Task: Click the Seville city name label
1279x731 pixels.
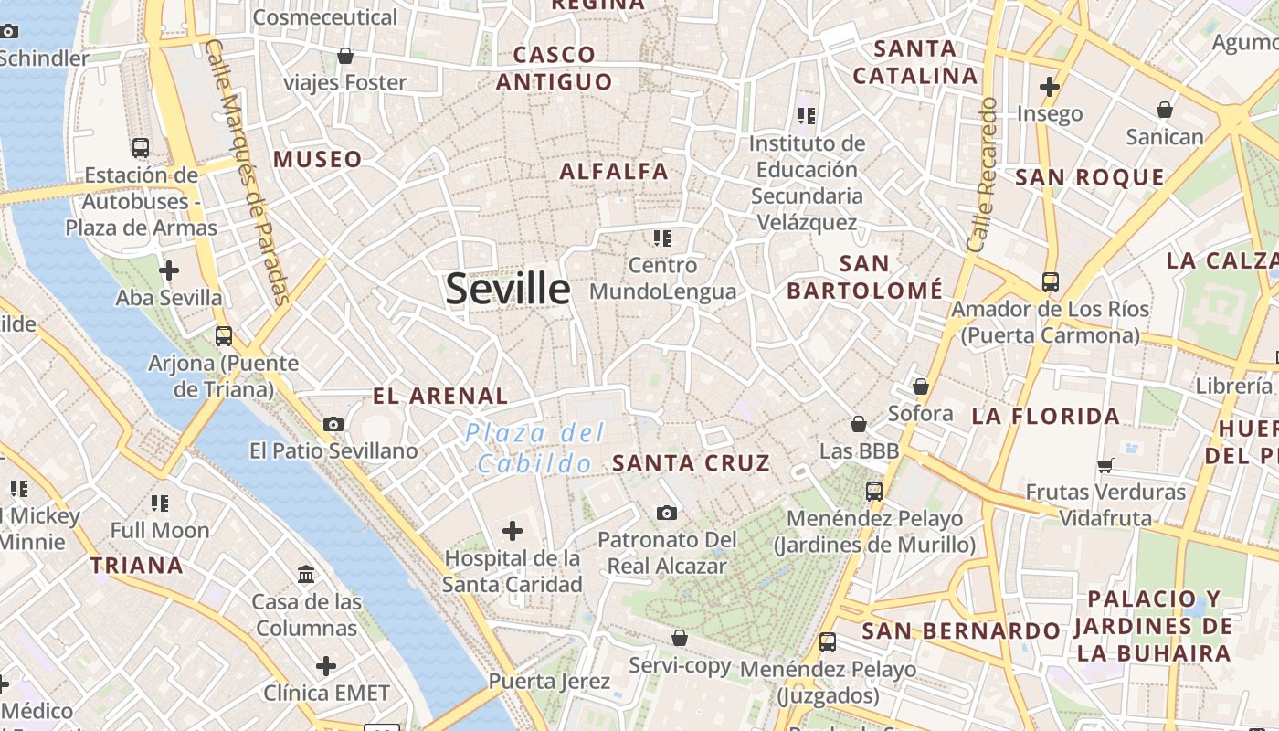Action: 508,289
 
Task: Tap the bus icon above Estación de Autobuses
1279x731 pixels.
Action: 141,147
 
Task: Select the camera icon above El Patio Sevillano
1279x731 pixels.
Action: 333,424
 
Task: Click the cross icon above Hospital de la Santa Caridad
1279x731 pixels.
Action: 513,530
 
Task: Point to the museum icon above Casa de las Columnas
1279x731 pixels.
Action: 307,575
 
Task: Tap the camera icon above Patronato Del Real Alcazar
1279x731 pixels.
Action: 667,513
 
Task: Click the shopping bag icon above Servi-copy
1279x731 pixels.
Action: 679,637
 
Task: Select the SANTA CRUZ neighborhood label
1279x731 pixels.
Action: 692,463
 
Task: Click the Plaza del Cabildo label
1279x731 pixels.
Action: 535,448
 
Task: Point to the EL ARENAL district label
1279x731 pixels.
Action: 440,396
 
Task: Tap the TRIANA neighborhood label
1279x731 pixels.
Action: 136,566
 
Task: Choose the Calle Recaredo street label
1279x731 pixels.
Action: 981,175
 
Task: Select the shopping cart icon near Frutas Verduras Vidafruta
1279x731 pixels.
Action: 1105,465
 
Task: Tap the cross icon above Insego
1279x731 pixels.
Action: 1050,87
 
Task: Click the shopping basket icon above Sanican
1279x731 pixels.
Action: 1165,110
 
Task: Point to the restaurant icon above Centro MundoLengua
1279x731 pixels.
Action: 662,238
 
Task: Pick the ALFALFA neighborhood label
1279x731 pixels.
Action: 614,171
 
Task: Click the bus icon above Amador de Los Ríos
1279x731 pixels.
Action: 1051,281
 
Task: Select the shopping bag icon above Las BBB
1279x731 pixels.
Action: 859,424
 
